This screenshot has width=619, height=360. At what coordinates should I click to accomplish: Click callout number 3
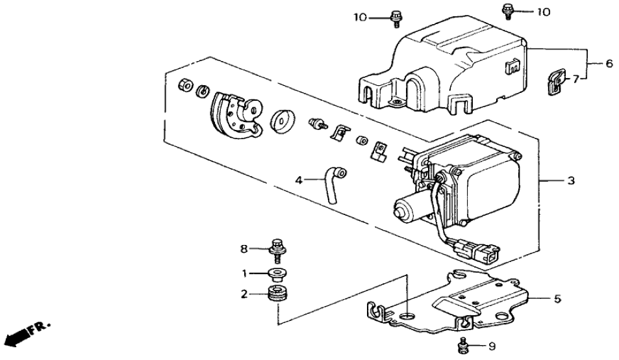pos(571,181)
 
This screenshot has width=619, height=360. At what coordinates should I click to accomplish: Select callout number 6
pos(609,63)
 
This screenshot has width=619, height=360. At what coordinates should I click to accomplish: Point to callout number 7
pos(574,79)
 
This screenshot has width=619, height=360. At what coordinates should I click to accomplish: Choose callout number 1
pos(244,274)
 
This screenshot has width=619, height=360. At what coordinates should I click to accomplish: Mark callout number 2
pos(244,294)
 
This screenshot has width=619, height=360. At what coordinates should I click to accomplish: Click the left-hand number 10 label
pos(359,17)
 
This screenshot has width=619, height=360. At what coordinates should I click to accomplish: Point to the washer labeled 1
pos(279,274)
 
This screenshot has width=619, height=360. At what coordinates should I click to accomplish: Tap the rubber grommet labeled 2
pos(277,294)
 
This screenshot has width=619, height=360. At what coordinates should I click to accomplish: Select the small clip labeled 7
pos(554,83)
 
